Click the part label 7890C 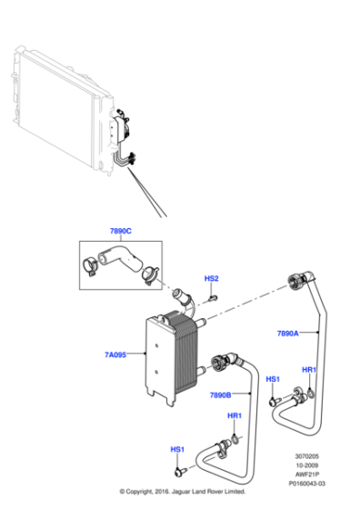(x=120, y=232)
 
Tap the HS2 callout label (x=211, y=278)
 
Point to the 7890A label (x=288, y=334)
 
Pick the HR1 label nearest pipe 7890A (x=309, y=370)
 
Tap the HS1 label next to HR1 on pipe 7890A (x=273, y=378)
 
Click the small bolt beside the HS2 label (x=211, y=295)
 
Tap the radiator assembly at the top (x=64, y=109)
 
